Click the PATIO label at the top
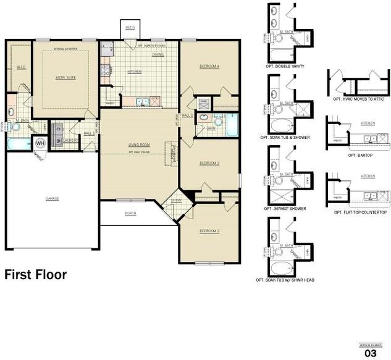[130, 28]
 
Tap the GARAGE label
[52, 198]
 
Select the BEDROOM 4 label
[209, 66]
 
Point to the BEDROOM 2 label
[209, 231]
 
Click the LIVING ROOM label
[140, 145]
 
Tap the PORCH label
[130, 213]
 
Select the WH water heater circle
[41, 143]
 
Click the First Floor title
[36, 274]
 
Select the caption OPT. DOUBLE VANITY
[284, 65]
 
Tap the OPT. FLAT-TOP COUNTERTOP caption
[360, 212]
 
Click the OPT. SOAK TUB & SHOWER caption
[285, 136]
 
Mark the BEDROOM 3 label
[209, 163]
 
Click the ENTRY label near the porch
[177, 200]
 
